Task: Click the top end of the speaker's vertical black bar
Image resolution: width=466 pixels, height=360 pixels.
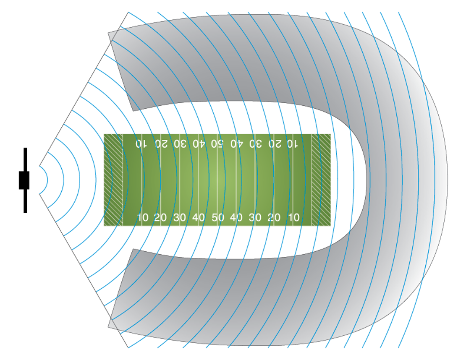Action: coord(25,148)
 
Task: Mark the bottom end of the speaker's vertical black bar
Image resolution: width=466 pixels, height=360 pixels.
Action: coord(25,213)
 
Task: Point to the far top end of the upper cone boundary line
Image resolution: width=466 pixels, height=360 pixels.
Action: coord(128,12)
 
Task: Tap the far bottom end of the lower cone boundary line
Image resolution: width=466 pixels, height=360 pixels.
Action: coord(128,347)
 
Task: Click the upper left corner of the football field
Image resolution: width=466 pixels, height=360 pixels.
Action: coord(104,134)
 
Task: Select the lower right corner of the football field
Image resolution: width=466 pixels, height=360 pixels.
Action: coord(331,226)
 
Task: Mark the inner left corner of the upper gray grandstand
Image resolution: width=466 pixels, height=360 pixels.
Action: coord(133,111)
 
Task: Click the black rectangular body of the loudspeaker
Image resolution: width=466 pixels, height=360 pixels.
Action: coord(24,180)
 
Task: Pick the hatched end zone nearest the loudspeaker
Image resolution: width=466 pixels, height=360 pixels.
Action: coord(113,180)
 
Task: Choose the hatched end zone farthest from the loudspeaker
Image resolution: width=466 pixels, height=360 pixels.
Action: coord(321,180)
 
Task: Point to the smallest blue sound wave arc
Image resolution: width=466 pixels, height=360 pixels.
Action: coord(44,180)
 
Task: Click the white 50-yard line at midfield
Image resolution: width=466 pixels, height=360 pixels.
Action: coord(217,180)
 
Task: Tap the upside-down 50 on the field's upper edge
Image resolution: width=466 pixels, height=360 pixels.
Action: coord(217,144)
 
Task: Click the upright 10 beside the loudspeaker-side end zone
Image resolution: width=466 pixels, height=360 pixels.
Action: coord(143,217)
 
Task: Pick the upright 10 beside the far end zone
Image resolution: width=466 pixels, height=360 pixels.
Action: coord(293,217)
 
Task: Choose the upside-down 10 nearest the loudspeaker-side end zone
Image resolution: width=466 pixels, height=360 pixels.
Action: coord(141,144)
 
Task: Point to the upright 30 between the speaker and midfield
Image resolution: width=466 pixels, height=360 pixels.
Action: coord(180,217)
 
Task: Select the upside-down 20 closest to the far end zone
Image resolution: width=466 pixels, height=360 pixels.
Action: coord(275,144)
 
